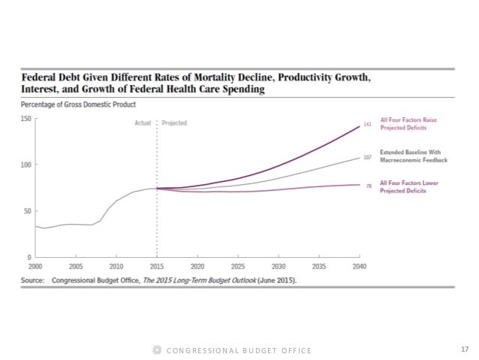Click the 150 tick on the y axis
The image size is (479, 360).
tap(26, 119)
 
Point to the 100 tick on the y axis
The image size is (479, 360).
tap(26, 165)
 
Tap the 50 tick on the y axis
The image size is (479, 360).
tap(27, 210)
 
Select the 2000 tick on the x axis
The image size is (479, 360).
tap(35, 266)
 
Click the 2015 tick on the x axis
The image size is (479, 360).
tap(157, 266)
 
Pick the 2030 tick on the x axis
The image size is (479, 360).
tap(279, 266)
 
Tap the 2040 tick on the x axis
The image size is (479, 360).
tap(359, 266)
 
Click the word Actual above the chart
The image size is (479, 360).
tap(143, 122)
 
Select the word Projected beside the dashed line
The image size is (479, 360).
tap(174, 122)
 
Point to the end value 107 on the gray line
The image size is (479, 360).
tap(367, 158)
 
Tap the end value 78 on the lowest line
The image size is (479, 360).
tap(369, 185)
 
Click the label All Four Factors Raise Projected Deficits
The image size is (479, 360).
tap(408, 123)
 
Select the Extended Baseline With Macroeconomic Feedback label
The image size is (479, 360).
tap(414, 154)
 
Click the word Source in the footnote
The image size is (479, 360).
tap(34, 280)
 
